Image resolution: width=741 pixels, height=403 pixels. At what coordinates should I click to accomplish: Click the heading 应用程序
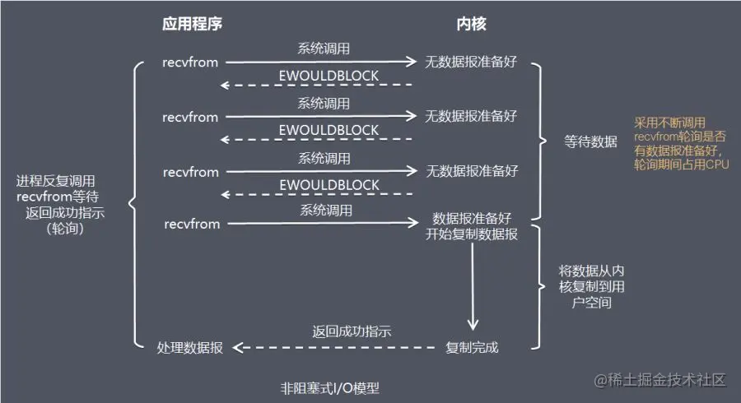(x=192, y=24)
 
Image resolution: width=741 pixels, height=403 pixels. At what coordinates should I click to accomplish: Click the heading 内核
(x=471, y=24)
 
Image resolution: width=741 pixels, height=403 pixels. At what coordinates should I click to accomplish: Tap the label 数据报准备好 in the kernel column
(x=471, y=219)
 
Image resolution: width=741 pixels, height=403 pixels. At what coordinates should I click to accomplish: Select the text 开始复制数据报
(x=471, y=234)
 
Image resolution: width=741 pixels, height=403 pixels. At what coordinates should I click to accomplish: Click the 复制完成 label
(x=471, y=347)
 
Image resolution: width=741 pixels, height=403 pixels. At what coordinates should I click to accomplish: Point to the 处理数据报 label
(x=189, y=347)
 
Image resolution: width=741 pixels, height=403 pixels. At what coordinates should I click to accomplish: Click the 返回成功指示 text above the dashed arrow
(x=352, y=332)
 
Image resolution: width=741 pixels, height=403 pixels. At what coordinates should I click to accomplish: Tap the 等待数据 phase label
(x=590, y=141)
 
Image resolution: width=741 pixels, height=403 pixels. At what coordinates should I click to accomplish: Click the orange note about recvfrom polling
(x=681, y=143)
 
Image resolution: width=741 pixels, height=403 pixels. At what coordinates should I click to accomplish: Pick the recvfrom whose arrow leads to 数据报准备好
(x=192, y=224)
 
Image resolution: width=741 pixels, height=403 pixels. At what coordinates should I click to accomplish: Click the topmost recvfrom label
(x=191, y=62)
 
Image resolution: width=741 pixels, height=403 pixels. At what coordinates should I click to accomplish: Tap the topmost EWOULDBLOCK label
(x=329, y=76)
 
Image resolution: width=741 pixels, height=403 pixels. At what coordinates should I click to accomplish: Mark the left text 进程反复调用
(x=56, y=180)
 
